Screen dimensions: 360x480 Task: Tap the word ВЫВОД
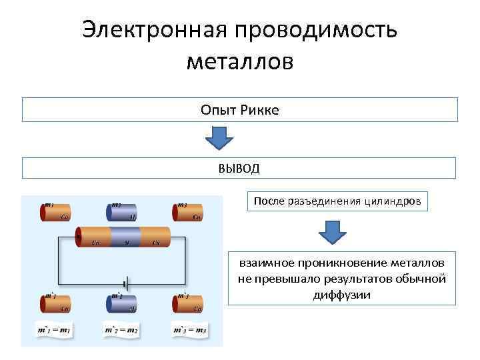239,168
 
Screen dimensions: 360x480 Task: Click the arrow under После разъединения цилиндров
332,232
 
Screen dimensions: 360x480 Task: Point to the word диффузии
341,294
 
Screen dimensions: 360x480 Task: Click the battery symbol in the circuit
125,283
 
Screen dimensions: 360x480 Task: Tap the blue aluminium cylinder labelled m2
122,212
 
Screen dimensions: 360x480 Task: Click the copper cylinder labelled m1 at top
56,211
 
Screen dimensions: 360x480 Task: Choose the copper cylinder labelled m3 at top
189,211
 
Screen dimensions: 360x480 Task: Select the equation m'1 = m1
55,330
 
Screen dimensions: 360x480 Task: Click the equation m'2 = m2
121,330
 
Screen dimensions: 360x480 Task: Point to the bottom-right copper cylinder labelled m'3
189,304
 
